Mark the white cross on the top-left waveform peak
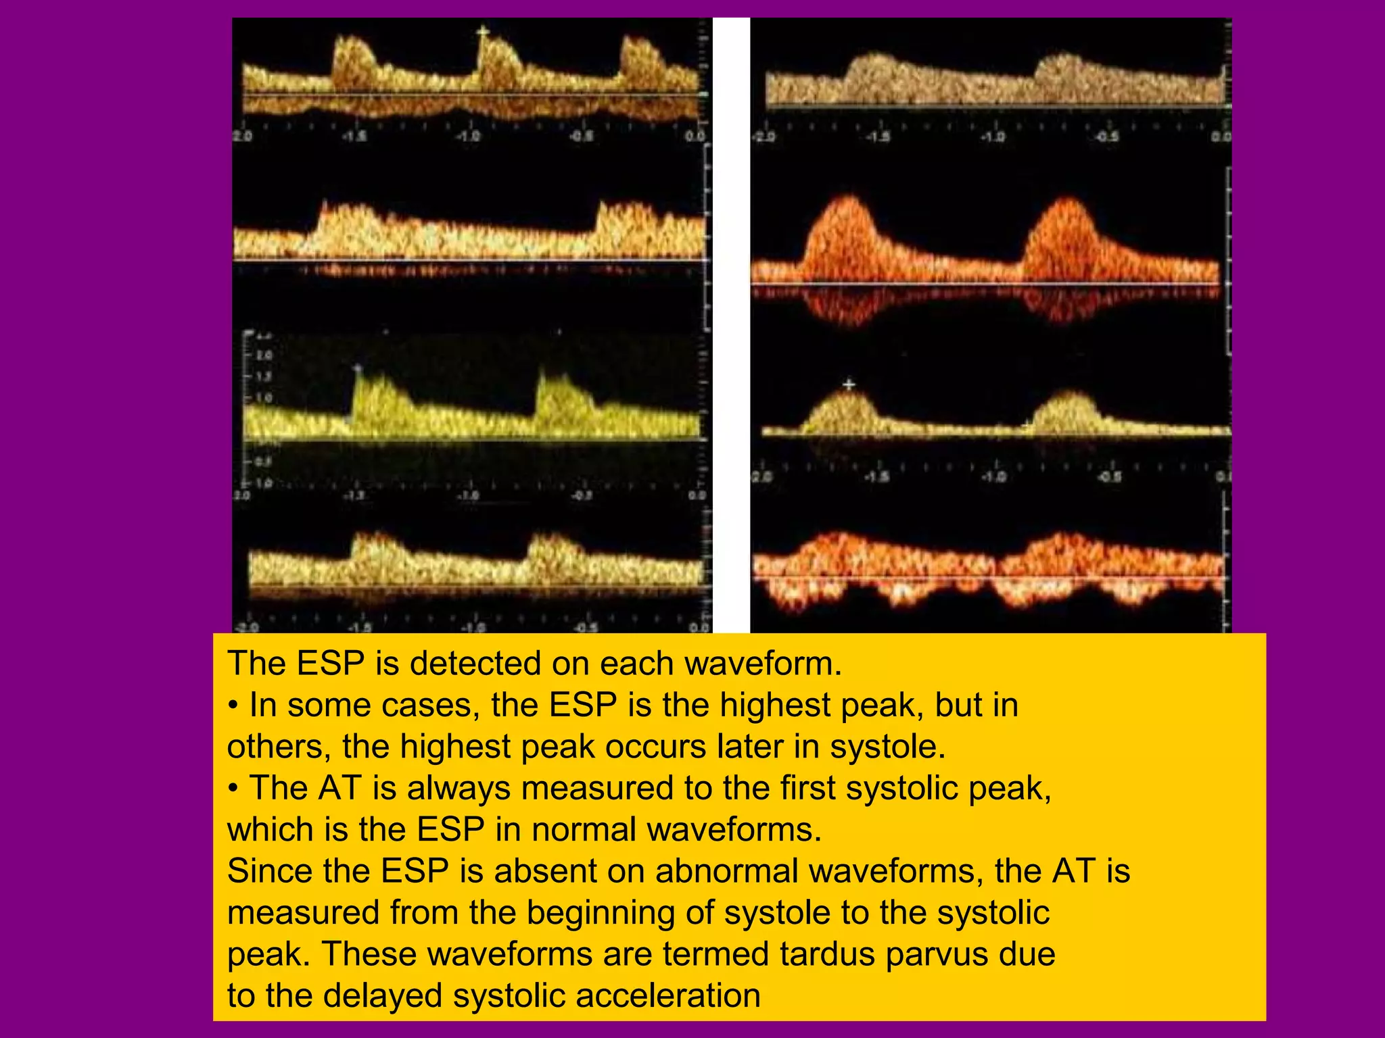pos(482,31)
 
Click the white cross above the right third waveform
pos(849,385)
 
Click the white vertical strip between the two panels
pos(731,324)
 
